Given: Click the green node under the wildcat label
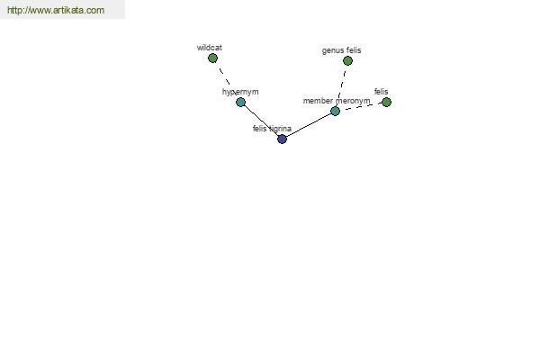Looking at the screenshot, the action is click(x=212, y=58).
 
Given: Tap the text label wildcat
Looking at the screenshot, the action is click(x=210, y=48).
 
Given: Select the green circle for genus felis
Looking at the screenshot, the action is click(x=347, y=61).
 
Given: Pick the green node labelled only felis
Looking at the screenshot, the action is click(x=386, y=103).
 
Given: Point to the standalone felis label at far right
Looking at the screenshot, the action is click(x=382, y=92).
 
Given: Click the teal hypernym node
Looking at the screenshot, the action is click(x=240, y=102).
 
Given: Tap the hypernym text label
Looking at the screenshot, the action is click(x=240, y=92).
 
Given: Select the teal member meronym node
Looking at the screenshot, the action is click(x=335, y=112).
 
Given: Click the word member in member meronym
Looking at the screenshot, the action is click(x=318, y=101).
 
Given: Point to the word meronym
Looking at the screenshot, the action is click(x=353, y=101).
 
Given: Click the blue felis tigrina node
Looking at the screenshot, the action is click(x=282, y=139).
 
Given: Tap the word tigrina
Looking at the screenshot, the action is click(x=280, y=129).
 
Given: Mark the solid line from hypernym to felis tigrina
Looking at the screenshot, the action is click(x=261, y=121).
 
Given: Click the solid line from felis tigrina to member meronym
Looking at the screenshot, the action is click(x=309, y=125).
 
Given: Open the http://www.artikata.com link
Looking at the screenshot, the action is click(x=56, y=10).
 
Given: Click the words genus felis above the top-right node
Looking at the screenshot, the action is click(x=342, y=50).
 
